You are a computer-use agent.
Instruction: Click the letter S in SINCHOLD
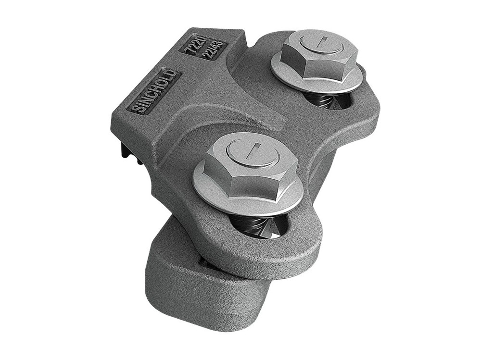coord(136,108)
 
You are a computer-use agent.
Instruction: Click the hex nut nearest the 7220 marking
coord(317,55)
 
